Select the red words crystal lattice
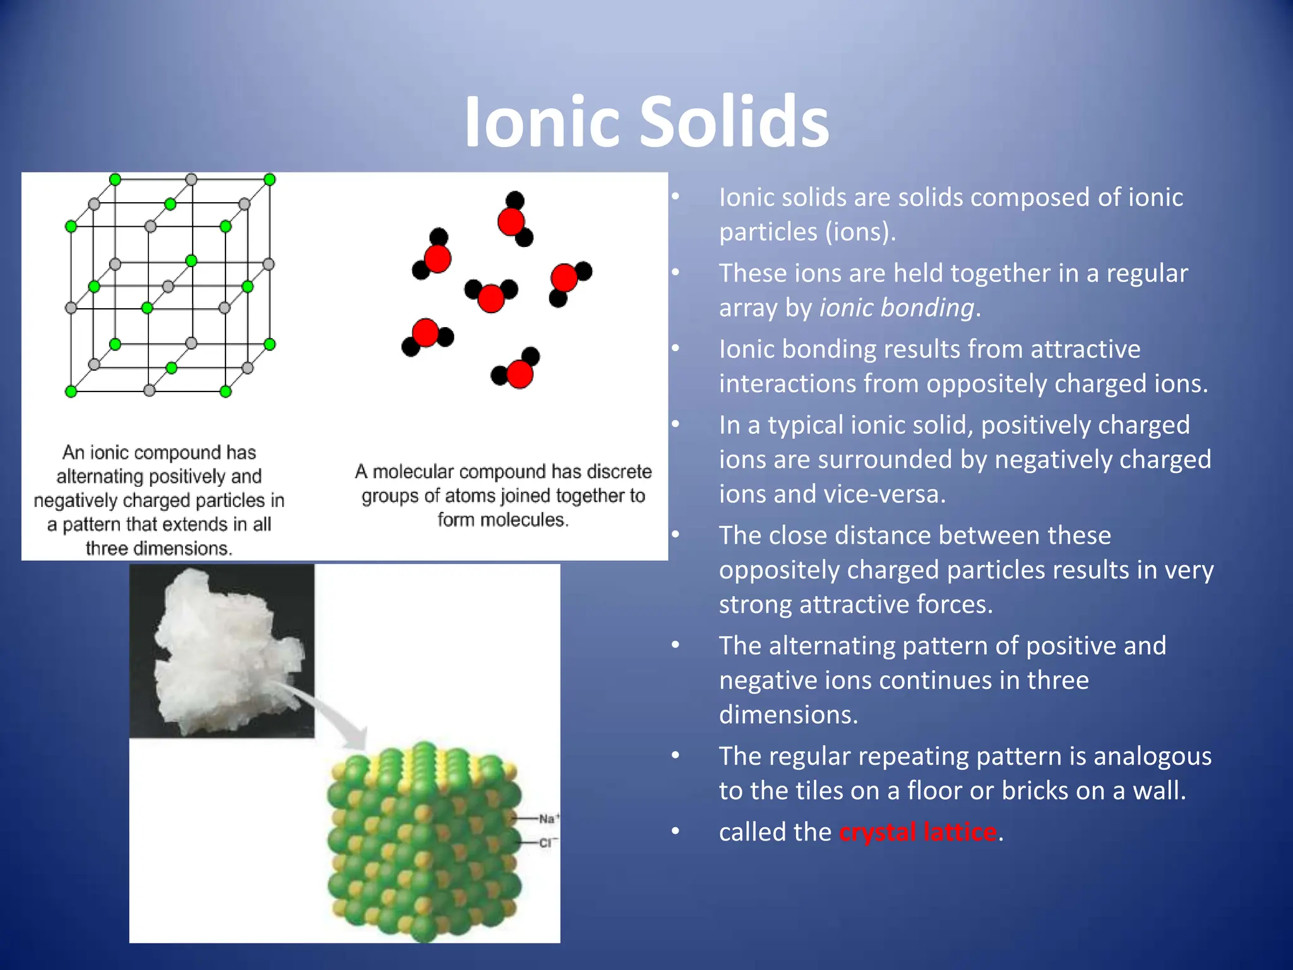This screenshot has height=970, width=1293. pyautogui.click(x=917, y=832)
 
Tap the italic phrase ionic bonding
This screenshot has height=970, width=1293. pyautogui.click(x=897, y=308)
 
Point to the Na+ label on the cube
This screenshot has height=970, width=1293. pyautogui.click(x=547, y=818)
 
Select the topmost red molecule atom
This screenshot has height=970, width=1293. pyautogui.click(x=511, y=222)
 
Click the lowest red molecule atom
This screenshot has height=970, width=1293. pyautogui.click(x=520, y=374)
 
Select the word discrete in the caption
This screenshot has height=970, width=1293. pyautogui.click(x=619, y=472)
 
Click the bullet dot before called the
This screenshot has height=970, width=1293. pyautogui.click(x=676, y=832)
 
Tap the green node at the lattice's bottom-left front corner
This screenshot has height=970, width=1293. pyautogui.click(x=71, y=392)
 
